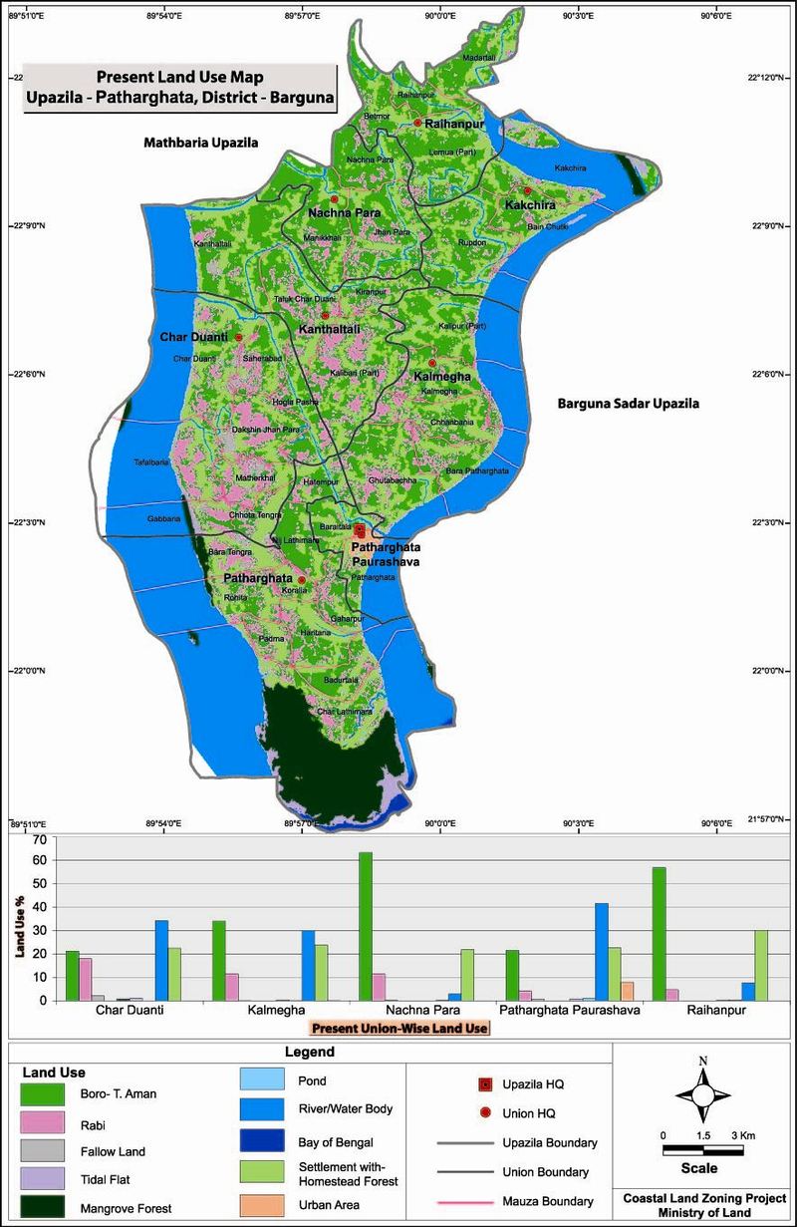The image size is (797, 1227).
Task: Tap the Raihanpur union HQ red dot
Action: click(x=418, y=123)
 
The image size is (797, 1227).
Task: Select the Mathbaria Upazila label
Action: click(x=200, y=143)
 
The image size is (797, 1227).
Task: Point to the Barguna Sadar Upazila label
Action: click(x=628, y=405)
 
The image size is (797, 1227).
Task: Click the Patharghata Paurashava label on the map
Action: click(x=386, y=554)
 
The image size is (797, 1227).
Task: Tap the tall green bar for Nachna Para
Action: click(x=366, y=926)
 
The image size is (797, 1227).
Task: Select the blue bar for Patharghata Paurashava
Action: click(x=601, y=951)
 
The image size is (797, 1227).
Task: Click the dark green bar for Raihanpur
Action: click(x=658, y=933)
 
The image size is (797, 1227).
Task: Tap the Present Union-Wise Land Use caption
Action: click(x=398, y=1028)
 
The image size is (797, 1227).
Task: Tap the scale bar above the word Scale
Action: click(x=703, y=1151)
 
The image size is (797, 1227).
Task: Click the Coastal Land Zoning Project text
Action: click(x=704, y=1197)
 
